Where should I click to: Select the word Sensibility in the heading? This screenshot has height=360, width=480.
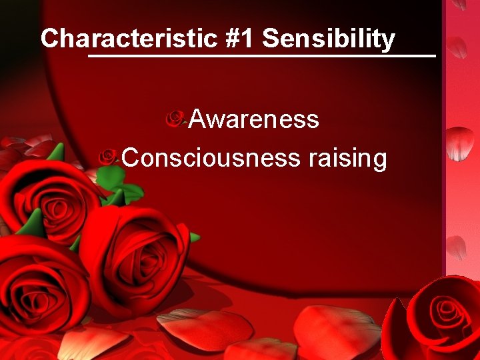[x=329, y=39]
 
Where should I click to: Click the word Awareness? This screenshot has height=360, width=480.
[x=253, y=119]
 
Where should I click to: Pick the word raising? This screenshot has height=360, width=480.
[x=347, y=159]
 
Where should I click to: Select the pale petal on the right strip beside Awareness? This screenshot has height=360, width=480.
[x=460, y=143]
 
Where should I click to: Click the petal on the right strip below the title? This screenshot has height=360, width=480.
[x=457, y=47]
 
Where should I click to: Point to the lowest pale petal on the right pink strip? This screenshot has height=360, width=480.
[x=456, y=247]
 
